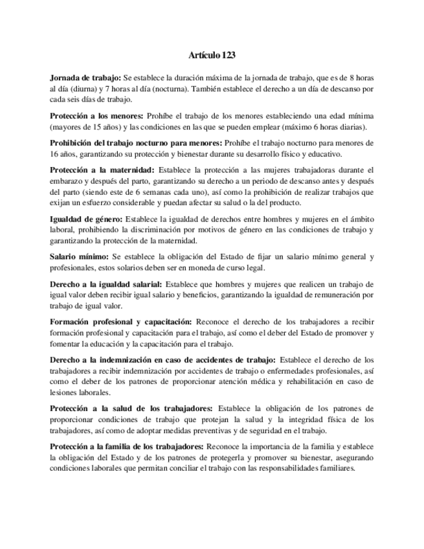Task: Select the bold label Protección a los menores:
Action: coord(96,115)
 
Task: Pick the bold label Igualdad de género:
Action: coord(85,219)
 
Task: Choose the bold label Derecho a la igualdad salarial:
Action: coord(107,284)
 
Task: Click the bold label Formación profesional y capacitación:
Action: coord(121,321)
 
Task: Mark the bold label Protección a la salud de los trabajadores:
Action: coord(131,409)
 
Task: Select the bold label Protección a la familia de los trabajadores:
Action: coord(127,446)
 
